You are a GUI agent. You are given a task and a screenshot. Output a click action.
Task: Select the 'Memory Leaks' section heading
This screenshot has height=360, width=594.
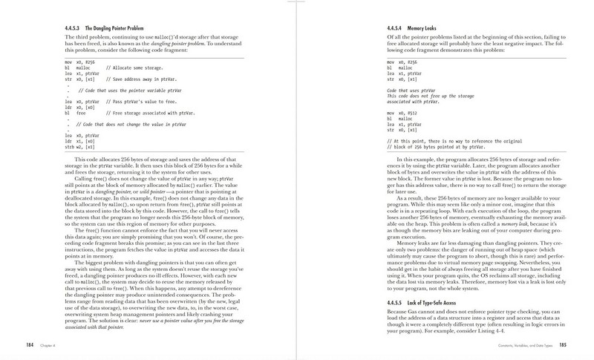[x=423, y=27]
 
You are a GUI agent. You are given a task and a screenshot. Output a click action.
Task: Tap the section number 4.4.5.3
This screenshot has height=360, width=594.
[x=79, y=27]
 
